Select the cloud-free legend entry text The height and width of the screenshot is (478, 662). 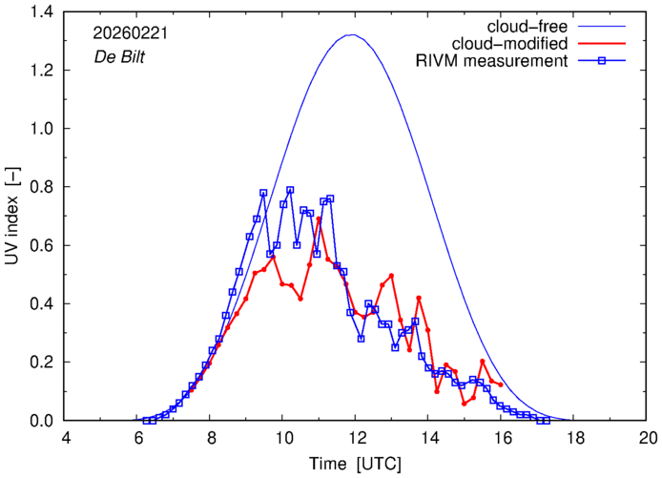(529, 24)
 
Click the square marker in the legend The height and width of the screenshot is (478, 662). (602, 62)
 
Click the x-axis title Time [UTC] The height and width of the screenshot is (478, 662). (355, 463)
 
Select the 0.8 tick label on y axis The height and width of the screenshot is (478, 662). (41, 187)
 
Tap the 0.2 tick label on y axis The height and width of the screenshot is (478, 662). (41, 363)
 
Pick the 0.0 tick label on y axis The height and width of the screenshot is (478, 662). (41, 421)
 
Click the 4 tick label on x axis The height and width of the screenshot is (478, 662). (65, 438)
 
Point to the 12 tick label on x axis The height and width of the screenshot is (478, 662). (356, 438)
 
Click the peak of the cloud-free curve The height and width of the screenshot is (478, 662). (352, 35)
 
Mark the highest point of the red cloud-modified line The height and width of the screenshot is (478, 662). (319, 218)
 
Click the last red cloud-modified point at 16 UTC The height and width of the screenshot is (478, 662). (501, 384)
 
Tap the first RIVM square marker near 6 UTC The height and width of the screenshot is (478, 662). (146, 421)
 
